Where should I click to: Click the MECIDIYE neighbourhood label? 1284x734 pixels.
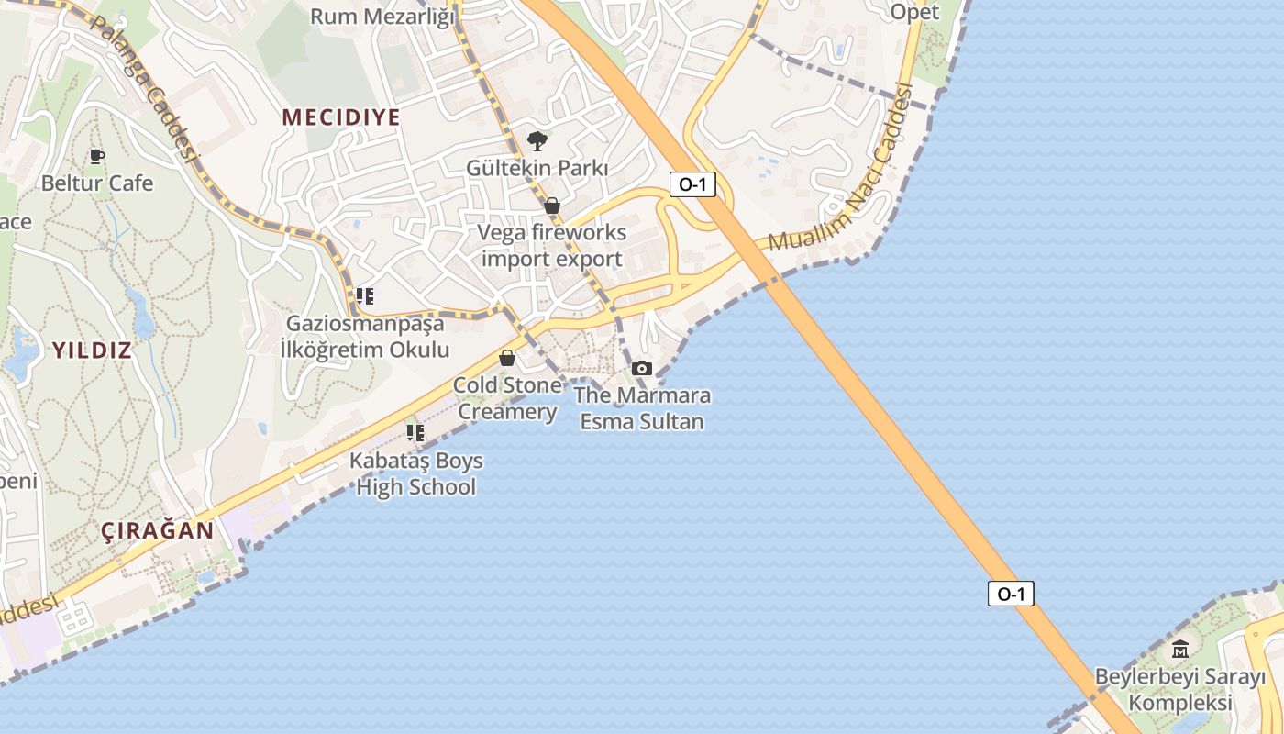click(341, 117)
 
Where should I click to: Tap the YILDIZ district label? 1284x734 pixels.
click(92, 350)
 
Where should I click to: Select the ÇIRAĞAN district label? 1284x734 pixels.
click(158, 530)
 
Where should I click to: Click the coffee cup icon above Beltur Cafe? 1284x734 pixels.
click(97, 156)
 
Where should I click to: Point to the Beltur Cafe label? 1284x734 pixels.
click(97, 183)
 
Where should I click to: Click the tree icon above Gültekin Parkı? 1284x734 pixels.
click(537, 141)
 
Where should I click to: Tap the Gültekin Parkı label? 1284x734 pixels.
click(537, 169)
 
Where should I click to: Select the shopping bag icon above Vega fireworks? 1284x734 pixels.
click(552, 206)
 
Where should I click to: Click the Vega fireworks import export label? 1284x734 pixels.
click(552, 246)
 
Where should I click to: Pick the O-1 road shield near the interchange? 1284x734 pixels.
click(692, 184)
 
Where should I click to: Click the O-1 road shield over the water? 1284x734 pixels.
click(1011, 594)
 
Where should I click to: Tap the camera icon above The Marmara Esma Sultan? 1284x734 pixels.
click(642, 368)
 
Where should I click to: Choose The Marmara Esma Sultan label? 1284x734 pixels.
click(642, 408)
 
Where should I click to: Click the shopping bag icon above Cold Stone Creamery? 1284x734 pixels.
click(507, 357)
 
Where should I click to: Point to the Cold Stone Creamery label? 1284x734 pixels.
click(507, 398)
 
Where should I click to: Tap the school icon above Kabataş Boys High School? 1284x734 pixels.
click(415, 432)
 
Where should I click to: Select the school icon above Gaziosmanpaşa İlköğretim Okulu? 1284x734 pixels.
click(365, 296)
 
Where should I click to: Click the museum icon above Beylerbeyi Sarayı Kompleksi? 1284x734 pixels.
click(1180, 650)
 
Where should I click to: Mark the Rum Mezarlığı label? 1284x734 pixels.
click(382, 17)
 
